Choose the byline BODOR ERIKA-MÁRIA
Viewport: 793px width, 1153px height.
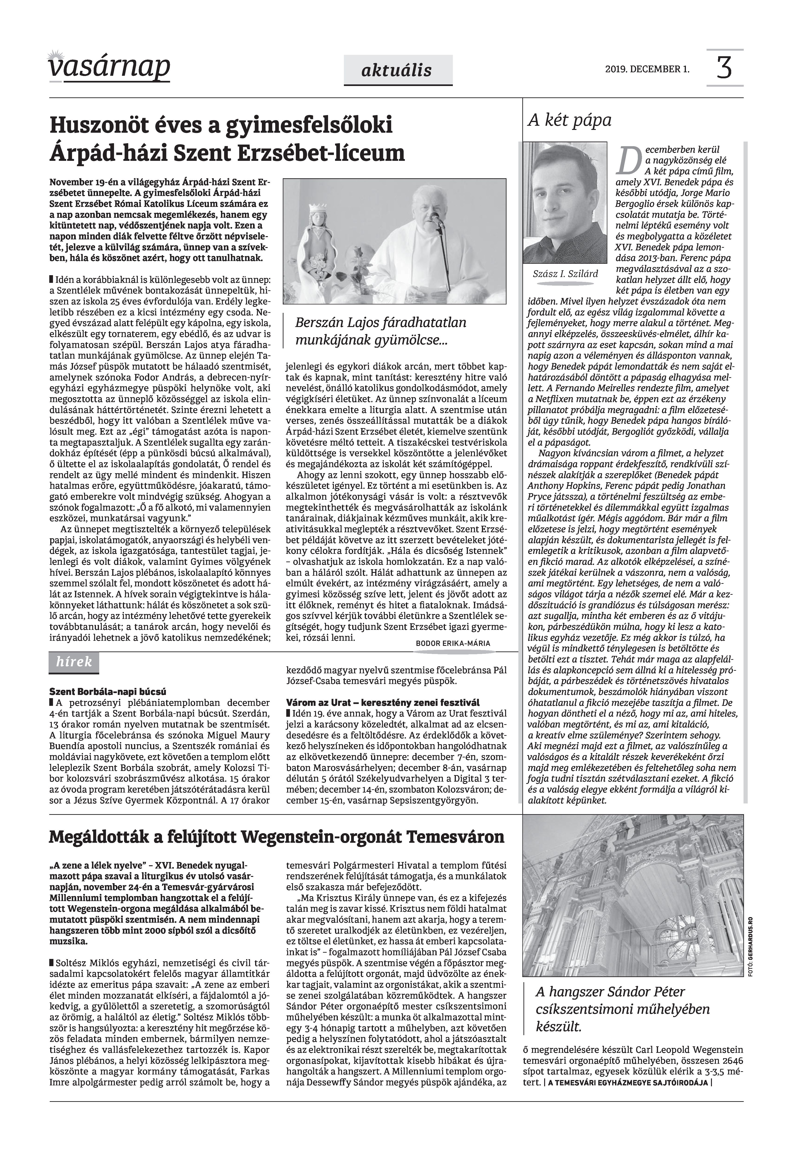453,643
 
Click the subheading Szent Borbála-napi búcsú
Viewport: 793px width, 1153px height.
108,691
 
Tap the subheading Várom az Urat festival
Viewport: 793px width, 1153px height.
383,702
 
